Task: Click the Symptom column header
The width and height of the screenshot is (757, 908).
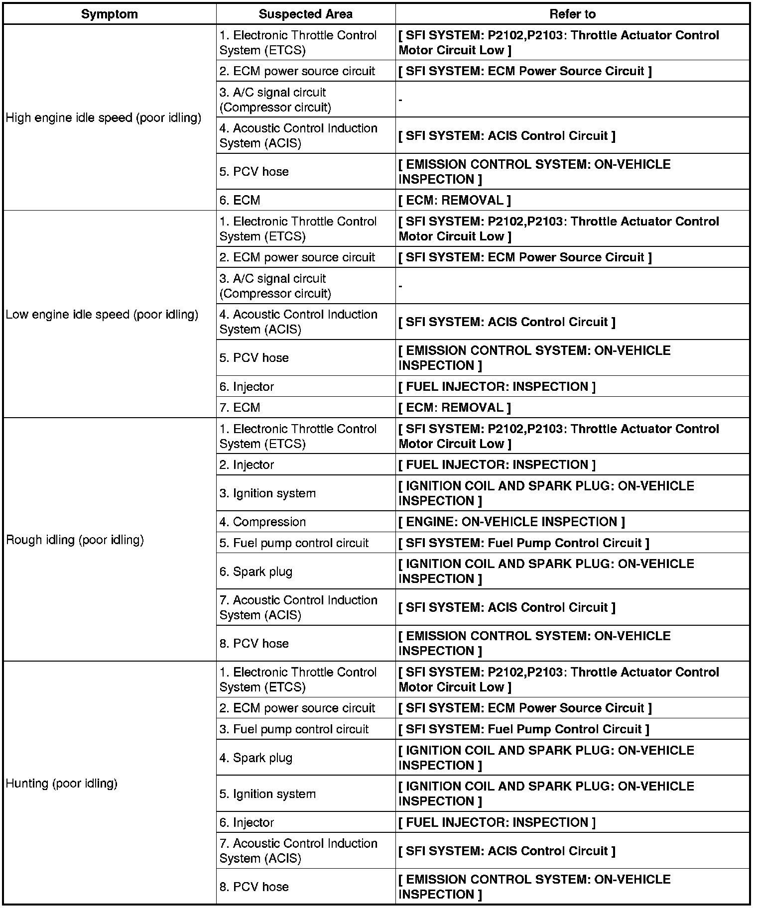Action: pos(109,14)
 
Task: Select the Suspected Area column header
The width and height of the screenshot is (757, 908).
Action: pos(305,14)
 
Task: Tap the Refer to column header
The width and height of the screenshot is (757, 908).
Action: pos(572,14)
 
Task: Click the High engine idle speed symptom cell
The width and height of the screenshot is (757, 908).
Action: pos(104,118)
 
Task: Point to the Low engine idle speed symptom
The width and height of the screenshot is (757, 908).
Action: pos(102,315)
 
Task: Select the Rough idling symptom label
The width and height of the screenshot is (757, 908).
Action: pos(75,540)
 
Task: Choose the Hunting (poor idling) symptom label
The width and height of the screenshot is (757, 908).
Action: pos(61,783)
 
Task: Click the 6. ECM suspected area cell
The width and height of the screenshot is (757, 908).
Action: pos(240,200)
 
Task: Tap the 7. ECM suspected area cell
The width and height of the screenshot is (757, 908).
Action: pos(240,407)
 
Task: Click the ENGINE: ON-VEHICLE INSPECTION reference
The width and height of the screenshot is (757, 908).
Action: pos(511,522)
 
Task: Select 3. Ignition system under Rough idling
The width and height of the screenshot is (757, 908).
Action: pos(267,493)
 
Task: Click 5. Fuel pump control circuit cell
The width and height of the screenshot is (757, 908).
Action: pos(294,543)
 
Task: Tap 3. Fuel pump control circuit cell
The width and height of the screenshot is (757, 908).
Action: pos(294,729)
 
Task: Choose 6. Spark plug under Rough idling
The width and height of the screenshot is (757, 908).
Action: pos(255,571)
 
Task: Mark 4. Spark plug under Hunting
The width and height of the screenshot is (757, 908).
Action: pos(255,758)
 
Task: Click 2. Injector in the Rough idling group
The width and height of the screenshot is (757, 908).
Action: pos(247,464)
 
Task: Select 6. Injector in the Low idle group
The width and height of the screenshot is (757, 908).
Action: pos(247,386)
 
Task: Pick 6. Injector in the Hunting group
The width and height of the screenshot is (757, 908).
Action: pos(247,822)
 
